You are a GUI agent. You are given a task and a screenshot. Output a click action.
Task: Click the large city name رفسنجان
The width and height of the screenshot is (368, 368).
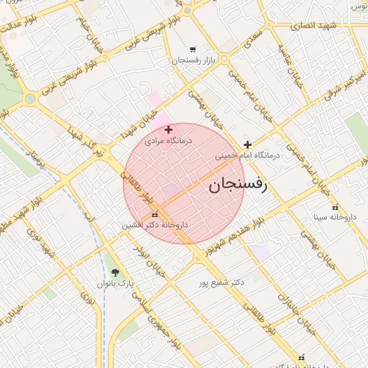[237, 185]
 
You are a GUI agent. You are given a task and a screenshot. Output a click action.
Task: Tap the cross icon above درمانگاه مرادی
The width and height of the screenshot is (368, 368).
[168, 130]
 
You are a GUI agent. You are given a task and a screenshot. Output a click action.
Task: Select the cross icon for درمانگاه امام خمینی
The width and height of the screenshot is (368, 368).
[248, 144]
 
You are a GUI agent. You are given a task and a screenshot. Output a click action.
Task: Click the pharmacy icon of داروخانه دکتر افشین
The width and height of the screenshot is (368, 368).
[155, 214]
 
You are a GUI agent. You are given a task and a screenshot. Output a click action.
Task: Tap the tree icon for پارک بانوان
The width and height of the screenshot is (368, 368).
[116, 272]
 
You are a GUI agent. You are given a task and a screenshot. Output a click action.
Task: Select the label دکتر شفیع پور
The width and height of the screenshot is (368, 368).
[222, 282]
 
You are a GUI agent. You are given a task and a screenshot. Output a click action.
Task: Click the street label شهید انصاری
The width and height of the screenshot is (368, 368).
[315, 26]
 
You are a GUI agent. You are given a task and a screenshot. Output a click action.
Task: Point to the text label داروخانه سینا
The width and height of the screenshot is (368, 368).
[336, 216]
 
